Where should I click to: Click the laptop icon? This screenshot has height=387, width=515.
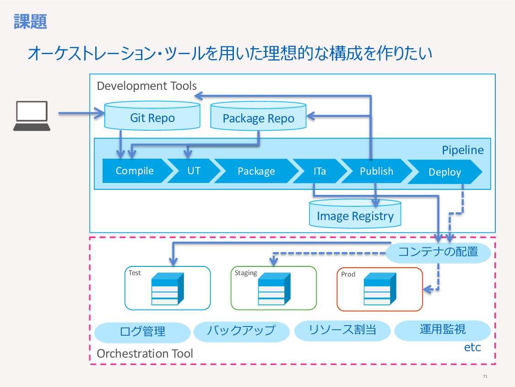point(32,116)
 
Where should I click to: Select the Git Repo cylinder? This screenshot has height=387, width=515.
point(152,116)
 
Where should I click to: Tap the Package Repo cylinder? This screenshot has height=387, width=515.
point(259,116)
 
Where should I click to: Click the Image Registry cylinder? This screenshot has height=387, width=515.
point(355,214)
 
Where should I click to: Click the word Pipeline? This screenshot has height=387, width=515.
point(462,150)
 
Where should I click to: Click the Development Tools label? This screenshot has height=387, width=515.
point(146,86)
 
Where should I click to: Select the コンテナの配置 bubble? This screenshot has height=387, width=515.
point(438,252)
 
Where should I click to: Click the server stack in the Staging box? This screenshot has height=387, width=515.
point(274,288)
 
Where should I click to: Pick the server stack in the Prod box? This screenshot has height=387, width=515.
point(380,289)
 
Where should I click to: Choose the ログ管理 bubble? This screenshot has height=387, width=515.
point(142,332)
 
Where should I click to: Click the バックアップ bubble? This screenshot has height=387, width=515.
point(241,331)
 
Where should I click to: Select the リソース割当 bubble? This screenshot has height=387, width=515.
point(342,331)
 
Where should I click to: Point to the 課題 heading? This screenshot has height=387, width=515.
point(30,22)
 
